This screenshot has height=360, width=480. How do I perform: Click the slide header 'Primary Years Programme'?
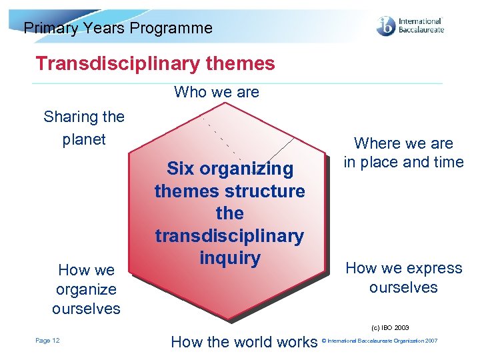[x=118, y=28]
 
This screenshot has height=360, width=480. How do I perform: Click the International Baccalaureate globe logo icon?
[x=385, y=26]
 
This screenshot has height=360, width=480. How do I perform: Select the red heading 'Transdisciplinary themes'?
[x=155, y=63]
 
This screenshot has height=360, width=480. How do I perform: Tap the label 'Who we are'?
[x=216, y=92]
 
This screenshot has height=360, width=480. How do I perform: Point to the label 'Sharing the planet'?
[x=84, y=128]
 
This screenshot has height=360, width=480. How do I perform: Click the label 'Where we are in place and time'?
[x=403, y=153]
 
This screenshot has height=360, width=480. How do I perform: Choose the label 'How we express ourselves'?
[x=403, y=277]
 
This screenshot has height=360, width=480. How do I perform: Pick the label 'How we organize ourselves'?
[x=86, y=289]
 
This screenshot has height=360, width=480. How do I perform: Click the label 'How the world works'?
[x=244, y=342]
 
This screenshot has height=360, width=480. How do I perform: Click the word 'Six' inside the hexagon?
[x=181, y=169]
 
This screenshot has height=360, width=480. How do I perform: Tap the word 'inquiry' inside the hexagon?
[x=229, y=258]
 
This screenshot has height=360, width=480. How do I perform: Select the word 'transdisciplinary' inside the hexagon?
[x=229, y=236]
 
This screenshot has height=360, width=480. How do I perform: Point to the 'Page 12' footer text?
[x=47, y=341]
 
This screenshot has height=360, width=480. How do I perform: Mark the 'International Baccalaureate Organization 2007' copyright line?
[x=380, y=341]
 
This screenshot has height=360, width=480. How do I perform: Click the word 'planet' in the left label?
[x=84, y=139]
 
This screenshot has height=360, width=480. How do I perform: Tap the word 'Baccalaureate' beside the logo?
[x=420, y=31]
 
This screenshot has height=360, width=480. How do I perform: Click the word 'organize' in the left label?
[x=86, y=289]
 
